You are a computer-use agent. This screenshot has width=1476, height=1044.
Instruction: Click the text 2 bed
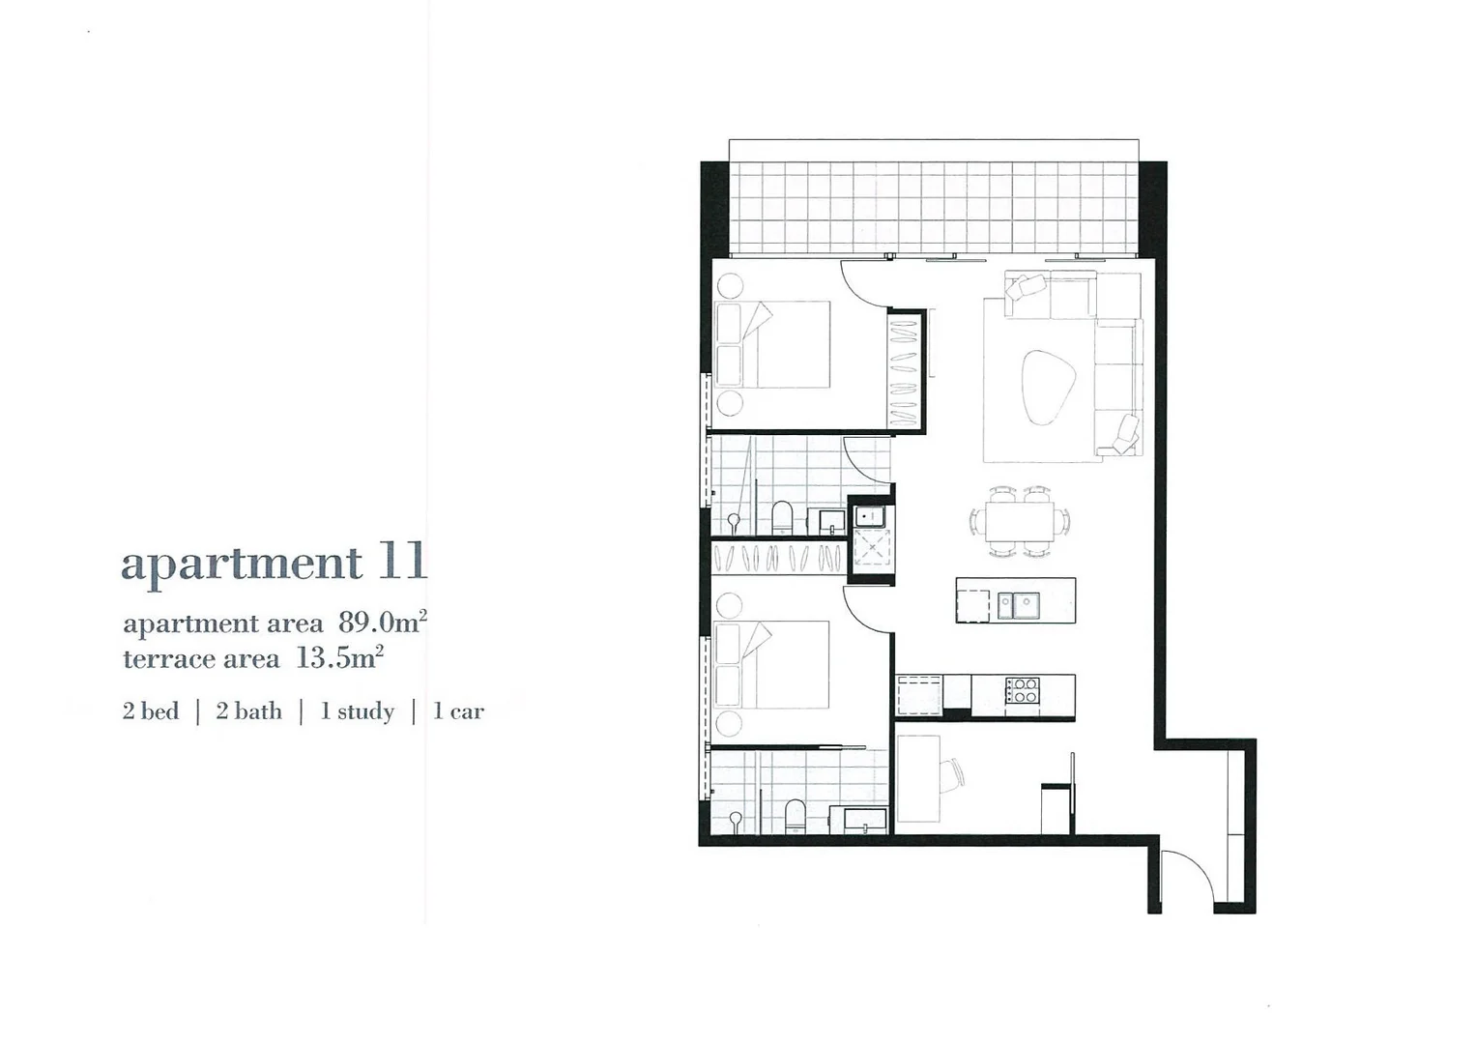point(151,711)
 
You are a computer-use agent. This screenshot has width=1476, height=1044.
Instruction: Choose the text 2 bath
point(249,711)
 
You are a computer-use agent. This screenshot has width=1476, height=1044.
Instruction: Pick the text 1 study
point(358,711)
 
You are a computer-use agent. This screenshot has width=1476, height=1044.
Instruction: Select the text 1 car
point(458,711)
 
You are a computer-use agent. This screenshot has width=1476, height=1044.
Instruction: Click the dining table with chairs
point(1020,522)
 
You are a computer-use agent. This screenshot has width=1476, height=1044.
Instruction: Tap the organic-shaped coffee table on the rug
point(1048,387)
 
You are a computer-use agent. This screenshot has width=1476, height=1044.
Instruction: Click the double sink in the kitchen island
point(1019,606)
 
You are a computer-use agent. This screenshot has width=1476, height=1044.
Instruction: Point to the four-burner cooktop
point(1023,690)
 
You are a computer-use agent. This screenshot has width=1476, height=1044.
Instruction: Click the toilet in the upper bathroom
point(782,517)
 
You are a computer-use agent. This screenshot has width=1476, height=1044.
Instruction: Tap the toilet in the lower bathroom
point(794,815)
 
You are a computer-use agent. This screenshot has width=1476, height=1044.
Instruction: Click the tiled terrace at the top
point(933,208)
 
